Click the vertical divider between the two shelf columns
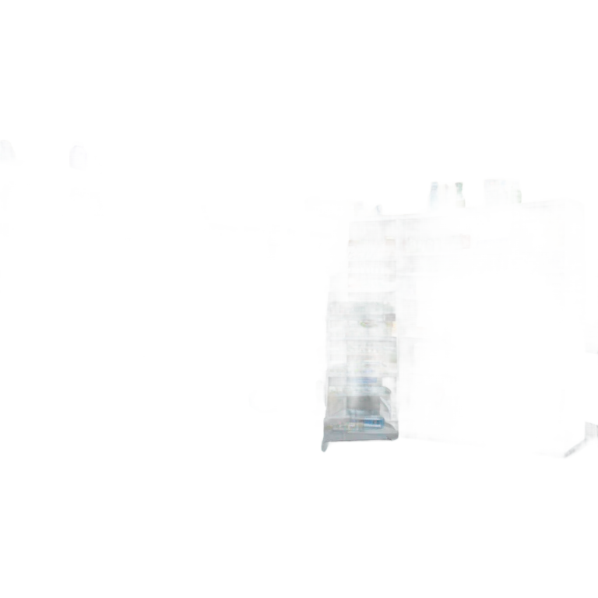398,327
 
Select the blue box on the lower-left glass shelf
363,381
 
